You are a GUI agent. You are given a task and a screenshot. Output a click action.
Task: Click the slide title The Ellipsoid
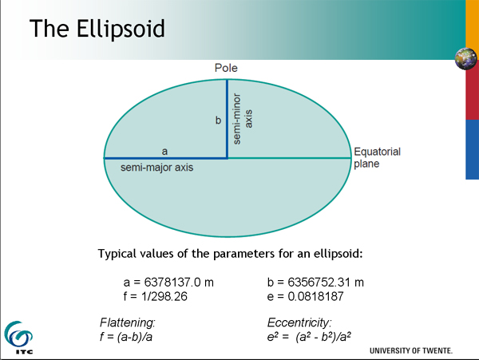[x=97, y=29]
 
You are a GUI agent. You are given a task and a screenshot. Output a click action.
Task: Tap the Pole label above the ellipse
[x=226, y=68]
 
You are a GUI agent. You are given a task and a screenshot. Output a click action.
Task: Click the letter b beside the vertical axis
[x=218, y=120]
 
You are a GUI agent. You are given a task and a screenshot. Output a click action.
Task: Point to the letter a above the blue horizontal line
[x=164, y=151]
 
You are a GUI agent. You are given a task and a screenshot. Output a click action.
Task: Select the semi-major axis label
[x=157, y=168]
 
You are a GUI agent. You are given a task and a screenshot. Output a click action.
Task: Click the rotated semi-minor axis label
[x=243, y=119]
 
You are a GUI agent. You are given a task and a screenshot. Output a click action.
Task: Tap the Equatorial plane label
[x=378, y=157]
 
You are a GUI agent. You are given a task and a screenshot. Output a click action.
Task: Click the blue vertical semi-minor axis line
[x=227, y=119]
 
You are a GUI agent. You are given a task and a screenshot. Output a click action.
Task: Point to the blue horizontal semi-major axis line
[x=165, y=158]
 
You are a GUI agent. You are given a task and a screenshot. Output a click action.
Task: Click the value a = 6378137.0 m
[x=168, y=283]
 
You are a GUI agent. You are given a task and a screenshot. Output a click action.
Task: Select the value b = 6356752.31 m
[x=315, y=283]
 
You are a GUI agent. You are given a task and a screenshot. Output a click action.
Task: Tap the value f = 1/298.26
[x=155, y=296]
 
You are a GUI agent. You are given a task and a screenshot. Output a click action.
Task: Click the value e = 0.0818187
[x=306, y=296]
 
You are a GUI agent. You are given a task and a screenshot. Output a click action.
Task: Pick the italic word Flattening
[x=128, y=322]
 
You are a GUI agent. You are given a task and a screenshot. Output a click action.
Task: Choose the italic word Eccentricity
[x=299, y=322]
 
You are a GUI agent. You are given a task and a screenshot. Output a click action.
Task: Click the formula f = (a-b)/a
[x=126, y=337]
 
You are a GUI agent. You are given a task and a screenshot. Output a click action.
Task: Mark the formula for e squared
[x=309, y=337]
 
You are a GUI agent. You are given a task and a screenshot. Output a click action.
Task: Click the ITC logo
[x=18, y=338]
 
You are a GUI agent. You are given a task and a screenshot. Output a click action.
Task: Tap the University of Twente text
[x=411, y=351]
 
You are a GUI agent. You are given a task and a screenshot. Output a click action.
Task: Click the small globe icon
[x=466, y=58]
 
